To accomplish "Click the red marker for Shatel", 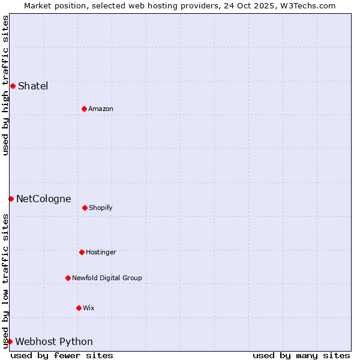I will [x=13, y=86].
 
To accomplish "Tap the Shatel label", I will [x=33, y=86].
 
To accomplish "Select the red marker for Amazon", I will [x=84, y=109].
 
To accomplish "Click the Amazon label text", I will [x=101, y=109].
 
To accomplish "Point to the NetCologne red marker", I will [x=11, y=199].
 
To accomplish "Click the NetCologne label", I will [x=44, y=199].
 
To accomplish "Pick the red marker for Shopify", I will [x=85, y=208].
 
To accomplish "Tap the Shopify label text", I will [x=101, y=208].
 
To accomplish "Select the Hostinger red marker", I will [x=82, y=252].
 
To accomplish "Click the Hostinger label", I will [x=101, y=252].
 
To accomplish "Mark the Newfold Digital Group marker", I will [x=68, y=278].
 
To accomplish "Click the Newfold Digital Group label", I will [x=107, y=278].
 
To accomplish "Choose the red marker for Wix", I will [x=79, y=308].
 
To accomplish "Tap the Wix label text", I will [x=89, y=308].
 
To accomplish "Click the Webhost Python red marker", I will [x=10, y=341].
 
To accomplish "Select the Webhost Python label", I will [x=54, y=341].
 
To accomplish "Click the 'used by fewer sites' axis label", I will [x=62, y=355].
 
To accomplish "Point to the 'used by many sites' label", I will [x=301, y=355].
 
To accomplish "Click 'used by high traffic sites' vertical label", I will [x=5, y=85].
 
